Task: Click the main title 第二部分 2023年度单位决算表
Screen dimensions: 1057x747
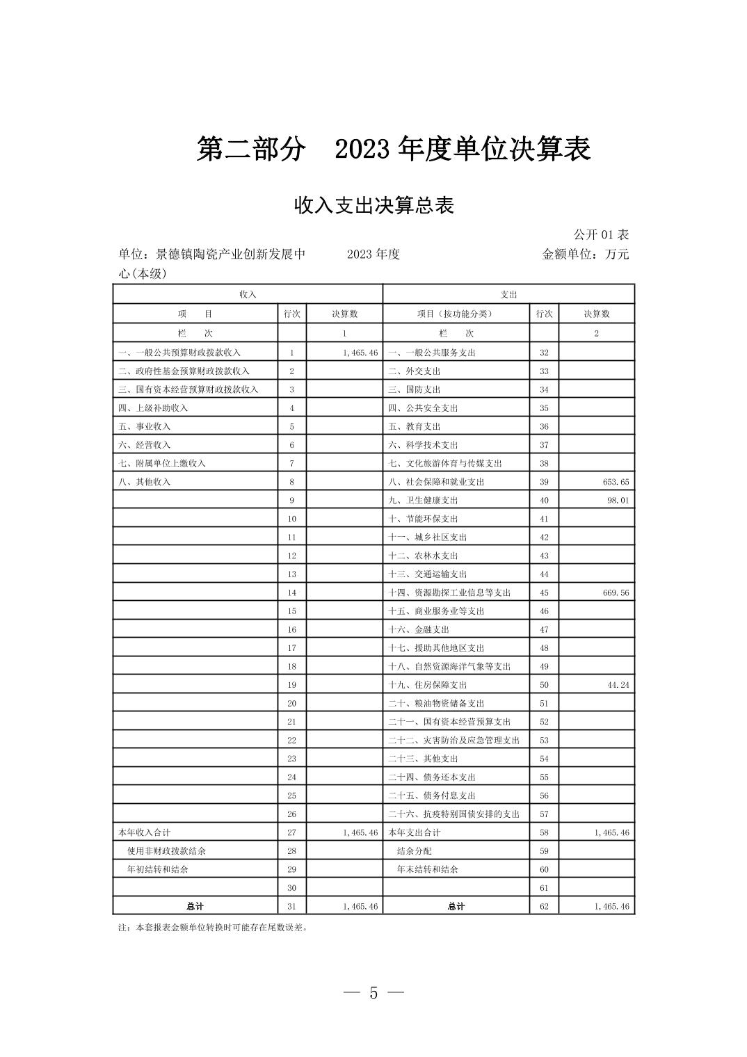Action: [x=393, y=150]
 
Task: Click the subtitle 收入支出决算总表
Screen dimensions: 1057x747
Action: [x=373, y=206]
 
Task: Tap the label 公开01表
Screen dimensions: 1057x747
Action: [x=601, y=235]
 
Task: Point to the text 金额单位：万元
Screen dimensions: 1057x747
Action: [x=585, y=255]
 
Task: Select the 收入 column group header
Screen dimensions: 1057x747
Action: [x=248, y=295]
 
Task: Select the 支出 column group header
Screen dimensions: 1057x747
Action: [x=508, y=295]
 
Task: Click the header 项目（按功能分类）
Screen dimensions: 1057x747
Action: [x=455, y=314]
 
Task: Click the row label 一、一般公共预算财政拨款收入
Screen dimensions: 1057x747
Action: [x=179, y=353]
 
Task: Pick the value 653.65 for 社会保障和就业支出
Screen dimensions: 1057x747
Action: [x=612, y=482]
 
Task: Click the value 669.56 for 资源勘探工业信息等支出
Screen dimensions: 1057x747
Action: [x=612, y=593]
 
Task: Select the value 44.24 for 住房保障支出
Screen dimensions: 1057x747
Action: [x=617, y=685]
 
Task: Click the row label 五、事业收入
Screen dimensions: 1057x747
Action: [x=144, y=427]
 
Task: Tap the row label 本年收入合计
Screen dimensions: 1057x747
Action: [x=144, y=832]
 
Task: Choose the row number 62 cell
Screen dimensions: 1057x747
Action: [x=544, y=907]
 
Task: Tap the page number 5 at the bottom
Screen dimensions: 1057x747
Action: [x=373, y=993]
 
